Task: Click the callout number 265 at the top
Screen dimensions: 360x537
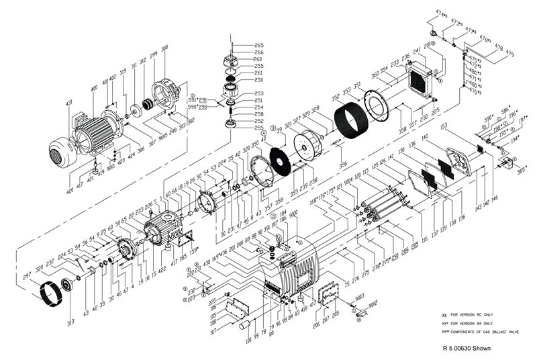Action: click(240, 45)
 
